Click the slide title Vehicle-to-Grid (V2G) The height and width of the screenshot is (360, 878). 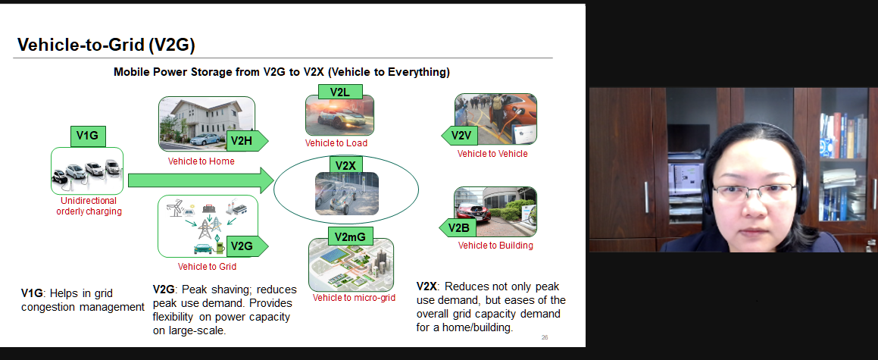[106, 45]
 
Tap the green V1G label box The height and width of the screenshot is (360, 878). [88, 136]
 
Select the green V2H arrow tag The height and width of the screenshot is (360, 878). [247, 140]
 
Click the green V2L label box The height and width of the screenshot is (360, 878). [340, 92]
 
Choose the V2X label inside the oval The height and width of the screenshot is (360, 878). [346, 166]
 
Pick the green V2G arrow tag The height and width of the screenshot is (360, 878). [247, 246]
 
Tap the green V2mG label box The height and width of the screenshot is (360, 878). [350, 236]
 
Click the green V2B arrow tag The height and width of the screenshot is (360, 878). [458, 228]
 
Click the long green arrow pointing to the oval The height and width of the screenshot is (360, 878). [201, 180]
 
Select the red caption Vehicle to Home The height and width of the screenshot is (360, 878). [201, 161]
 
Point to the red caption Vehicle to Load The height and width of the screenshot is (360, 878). [336, 143]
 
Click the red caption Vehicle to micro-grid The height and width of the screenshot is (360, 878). [354, 298]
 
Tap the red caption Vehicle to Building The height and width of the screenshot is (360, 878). [495, 246]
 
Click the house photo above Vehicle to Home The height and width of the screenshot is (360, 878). [206, 124]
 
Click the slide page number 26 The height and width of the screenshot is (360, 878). [545, 337]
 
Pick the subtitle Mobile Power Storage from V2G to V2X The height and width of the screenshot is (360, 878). [282, 72]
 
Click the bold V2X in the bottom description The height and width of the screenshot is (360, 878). [426, 286]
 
